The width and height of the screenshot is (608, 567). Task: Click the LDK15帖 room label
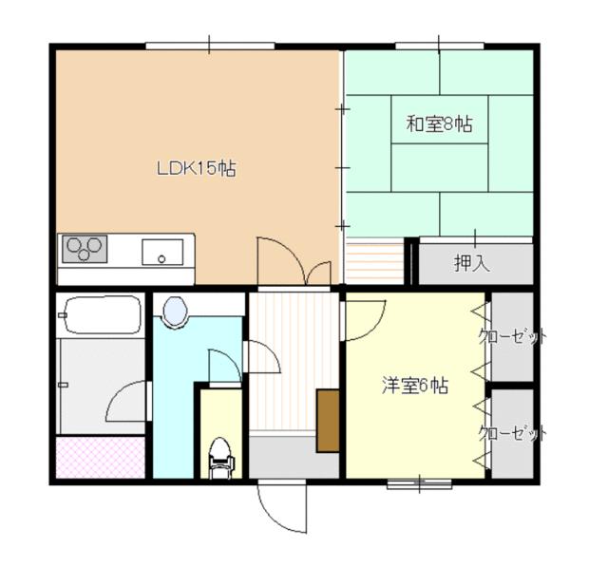coord(196,169)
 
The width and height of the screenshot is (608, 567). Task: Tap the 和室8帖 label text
coord(439,123)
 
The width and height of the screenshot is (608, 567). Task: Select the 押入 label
coord(471,263)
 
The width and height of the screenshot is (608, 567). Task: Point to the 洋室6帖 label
coord(415,386)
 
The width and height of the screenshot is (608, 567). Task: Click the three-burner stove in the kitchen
coord(85,250)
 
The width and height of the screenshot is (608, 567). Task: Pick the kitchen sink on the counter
coord(162,253)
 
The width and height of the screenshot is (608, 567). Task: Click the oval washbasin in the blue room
coord(175,312)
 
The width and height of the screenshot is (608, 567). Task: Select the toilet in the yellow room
coord(219,455)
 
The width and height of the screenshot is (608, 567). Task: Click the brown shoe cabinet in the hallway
coord(328,419)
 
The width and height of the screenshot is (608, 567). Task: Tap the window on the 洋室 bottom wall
coord(419,484)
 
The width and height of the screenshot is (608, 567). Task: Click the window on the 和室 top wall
coord(438,45)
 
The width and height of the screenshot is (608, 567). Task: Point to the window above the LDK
coord(209,45)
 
